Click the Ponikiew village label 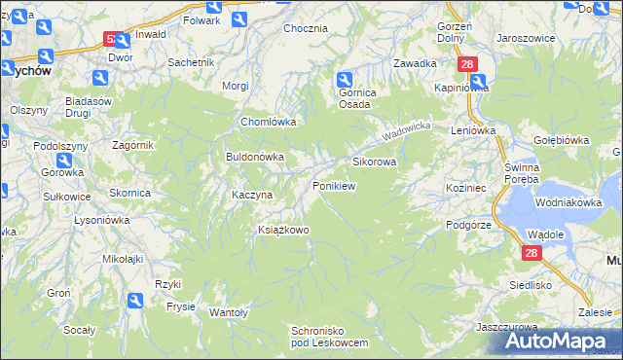click(x=334, y=185)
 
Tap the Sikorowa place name click(x=374, y=162)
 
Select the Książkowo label click(x=282, y=230)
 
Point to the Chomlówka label click(x=268, y=123)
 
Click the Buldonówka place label click(x=254, y=156)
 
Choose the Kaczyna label click(x=252, y=195)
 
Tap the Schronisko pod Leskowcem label click(x=330, y=337)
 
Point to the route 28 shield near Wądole click(x=531, y=253)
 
